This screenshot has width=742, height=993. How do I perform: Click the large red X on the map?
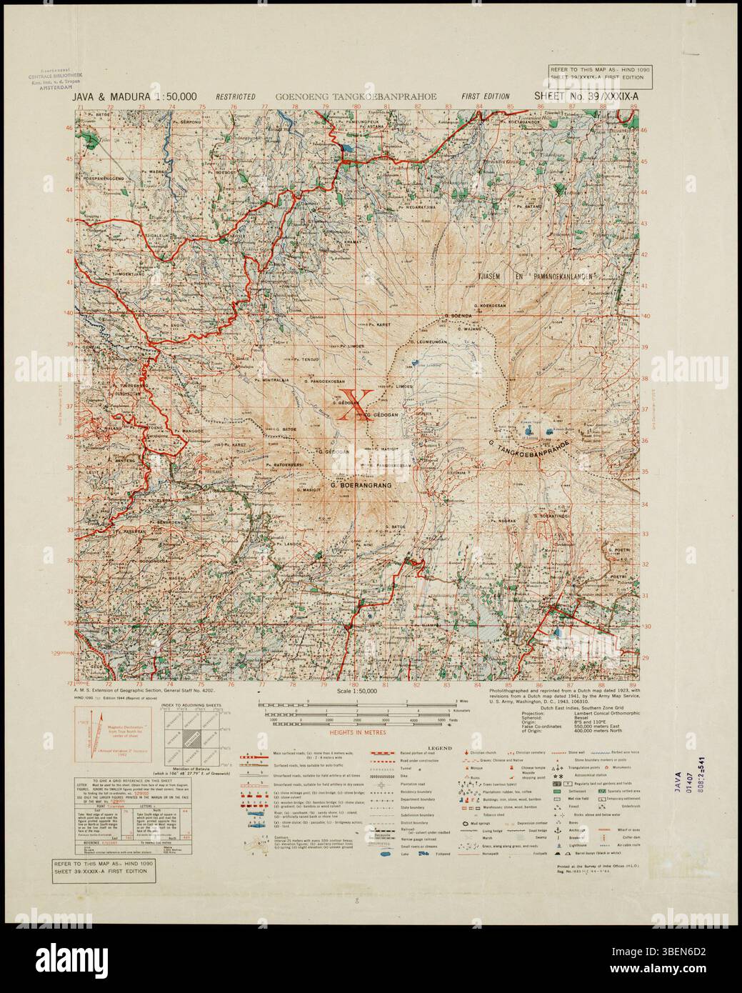click(x=355, y=405)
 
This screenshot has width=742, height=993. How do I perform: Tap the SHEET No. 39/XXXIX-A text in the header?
click(x=584, y=95)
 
